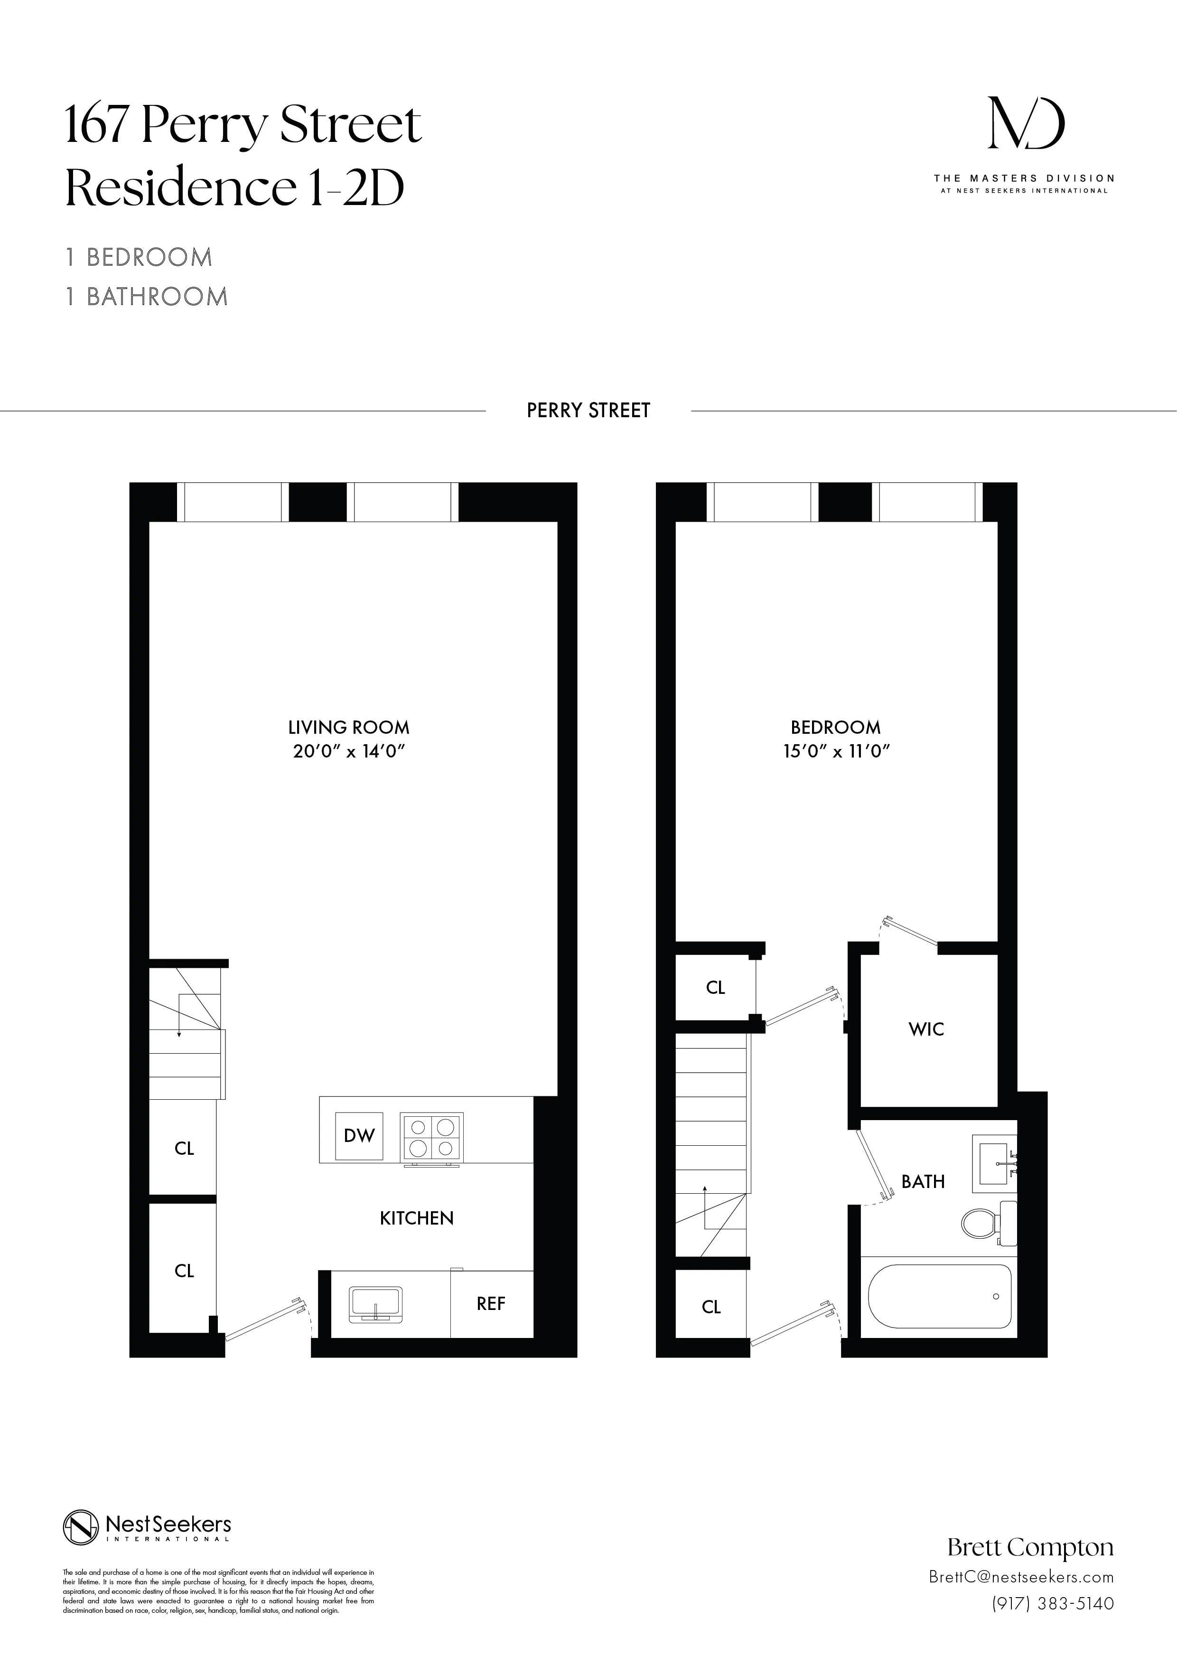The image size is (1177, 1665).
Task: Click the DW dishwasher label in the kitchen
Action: click(x=359, y=1136)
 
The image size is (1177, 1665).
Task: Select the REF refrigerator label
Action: click(x=491, y=1304)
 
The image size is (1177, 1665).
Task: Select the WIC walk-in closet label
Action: click(x=926, y=1029)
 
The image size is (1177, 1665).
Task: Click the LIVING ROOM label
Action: click(x=349, y=727)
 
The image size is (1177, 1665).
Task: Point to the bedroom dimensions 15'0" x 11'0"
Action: click(x=835, y=751)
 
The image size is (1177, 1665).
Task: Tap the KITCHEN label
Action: click(x=417, y=1218)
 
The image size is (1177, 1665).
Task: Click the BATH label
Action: click(x=923, y=1182)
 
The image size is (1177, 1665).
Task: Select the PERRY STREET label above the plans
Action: click(x=588, y=411)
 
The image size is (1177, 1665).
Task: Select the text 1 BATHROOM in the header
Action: click(x=147, y=297)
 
